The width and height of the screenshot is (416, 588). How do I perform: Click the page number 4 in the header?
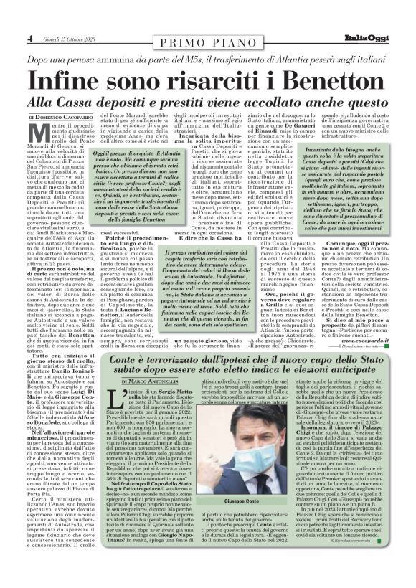coord(31,37)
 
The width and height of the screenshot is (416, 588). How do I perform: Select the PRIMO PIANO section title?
coord(209,37)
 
